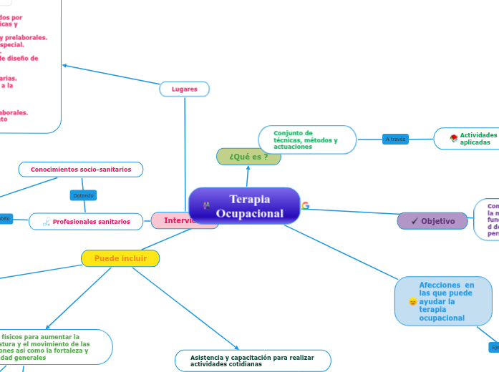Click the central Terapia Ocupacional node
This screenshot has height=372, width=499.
pyautogui.click(x=244, y=206)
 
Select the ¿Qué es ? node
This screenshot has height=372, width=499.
pyautogui.click(x=248, y=157)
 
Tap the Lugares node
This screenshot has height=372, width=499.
pyautogui.click(x=184, y=89)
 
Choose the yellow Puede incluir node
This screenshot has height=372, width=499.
pyautogui.click(x=120, y=258)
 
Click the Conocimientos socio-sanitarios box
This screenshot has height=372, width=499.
pyautogui.click(x=80, y=170)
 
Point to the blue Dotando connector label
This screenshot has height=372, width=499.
pyautogui.click(x=83, y=195)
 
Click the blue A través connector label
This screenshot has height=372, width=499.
pyautogui.click(x=394, y=139)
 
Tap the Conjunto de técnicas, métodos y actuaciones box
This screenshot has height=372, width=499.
pyautogui.click(x=307, y=139)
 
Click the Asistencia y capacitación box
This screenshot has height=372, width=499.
pyautogui.click(x=253, y=361)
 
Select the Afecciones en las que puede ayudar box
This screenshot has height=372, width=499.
pyautogui.click(x=443, y=301)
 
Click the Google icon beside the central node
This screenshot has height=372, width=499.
pyautogui.click(x=306, y=206)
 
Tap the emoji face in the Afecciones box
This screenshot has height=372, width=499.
pyautogui.click(x=412, y=302)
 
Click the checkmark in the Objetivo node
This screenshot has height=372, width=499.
pyautogui.click(x=415, y=221)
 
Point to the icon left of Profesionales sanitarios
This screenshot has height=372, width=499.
pyautogui.click(x=46, y=222)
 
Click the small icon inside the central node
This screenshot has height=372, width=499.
pyautogui.click(x=207, y=206)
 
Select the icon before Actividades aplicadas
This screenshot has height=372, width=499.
pyautogui.click(x=454, y=138)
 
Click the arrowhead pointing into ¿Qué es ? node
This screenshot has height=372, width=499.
pyautogui.click(x=248, y=168)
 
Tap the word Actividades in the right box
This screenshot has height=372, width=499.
pyautogui.click(x=478, y=134)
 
